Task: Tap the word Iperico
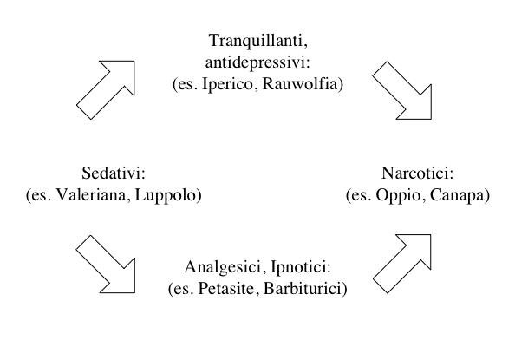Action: (228, 84)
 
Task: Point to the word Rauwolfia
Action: (300, 83)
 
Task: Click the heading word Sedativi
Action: (112, 173)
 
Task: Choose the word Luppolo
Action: (166, 195)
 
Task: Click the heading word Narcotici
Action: (415, 173)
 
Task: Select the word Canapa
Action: (457, 195)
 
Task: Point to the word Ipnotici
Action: (298, 267)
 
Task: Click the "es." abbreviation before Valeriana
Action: (42, 195)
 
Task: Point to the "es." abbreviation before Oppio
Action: (362, 195)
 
